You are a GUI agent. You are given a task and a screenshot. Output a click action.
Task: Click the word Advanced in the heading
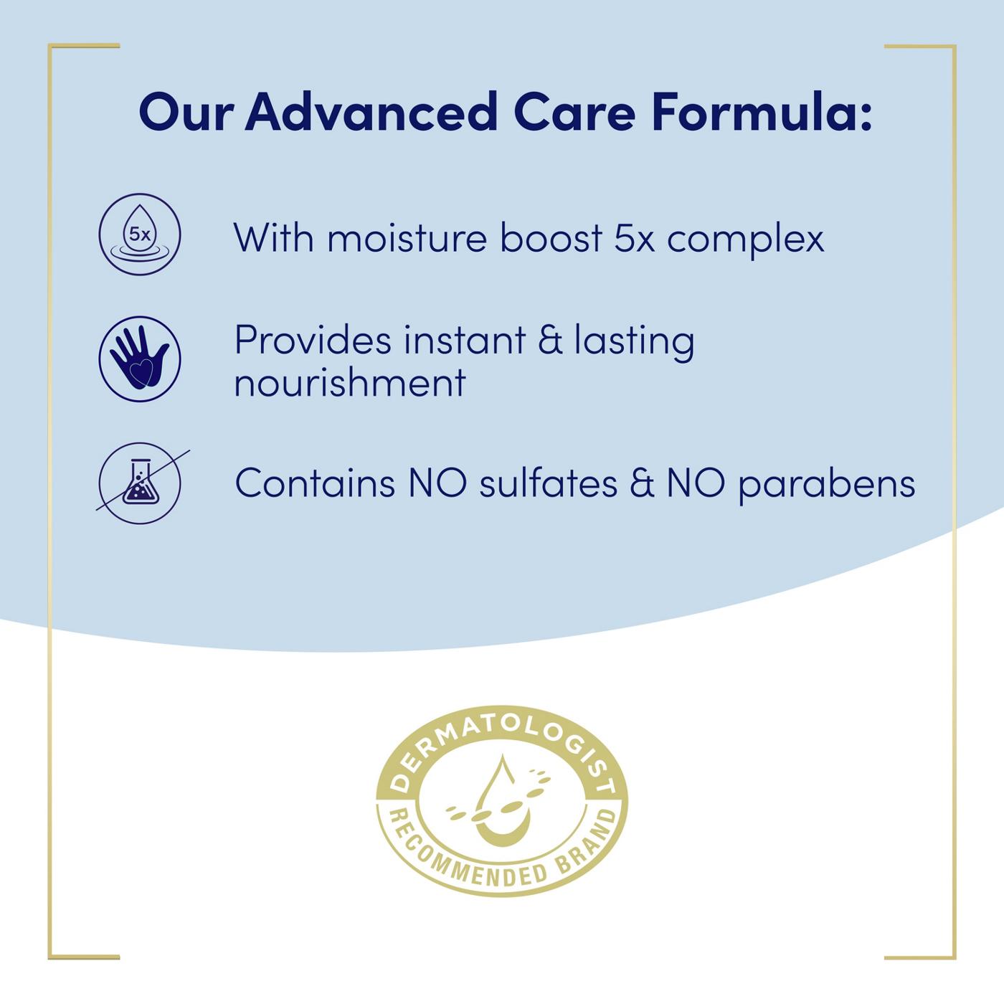(371, 112)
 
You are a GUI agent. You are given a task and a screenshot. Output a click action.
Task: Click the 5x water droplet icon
(140, 235)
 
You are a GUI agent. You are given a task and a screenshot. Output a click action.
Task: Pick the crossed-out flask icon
(140, 483)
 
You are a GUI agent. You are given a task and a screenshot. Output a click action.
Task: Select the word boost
(551, 238)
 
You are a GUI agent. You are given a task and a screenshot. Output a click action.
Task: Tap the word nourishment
(350, 382)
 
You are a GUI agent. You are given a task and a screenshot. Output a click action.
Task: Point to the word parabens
(827, 484)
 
